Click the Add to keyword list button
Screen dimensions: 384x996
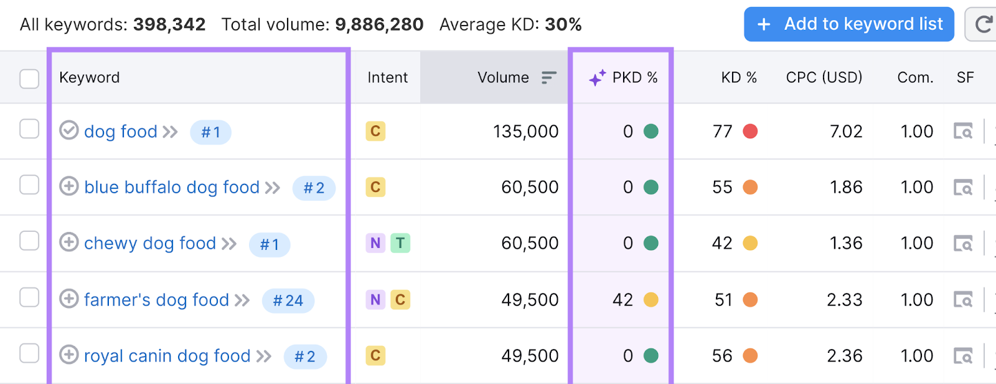[x=848, y=24]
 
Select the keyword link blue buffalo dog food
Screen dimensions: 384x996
[x=172, y=187]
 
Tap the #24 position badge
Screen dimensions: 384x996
[x=288, y=300]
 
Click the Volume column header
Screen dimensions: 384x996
[x=503, y=77]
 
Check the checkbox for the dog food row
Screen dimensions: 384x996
[x=29, y=129]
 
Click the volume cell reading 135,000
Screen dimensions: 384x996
[x=525, y=132]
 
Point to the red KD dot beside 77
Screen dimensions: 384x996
[x=750, y=132]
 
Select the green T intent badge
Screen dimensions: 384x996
[x=400, y=243]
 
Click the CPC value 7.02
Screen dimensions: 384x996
[x=845, y=132]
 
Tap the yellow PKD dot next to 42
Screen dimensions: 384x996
[x=651, y=300]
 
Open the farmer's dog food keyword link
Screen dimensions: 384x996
[x=156, y=300]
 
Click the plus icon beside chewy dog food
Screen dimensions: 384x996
[x=69, y=242]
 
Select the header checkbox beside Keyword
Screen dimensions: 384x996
[x=29, y=79]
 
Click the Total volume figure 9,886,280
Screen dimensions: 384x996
[x=379, y=24]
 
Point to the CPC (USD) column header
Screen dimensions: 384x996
[x=824, y=77]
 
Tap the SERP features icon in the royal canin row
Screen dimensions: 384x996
[x=963, y=356]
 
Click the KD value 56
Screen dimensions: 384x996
[x=722, y=356]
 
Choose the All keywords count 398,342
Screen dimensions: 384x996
[x=169, y=24]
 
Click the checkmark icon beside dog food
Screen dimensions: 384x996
[x=69, y=130]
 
